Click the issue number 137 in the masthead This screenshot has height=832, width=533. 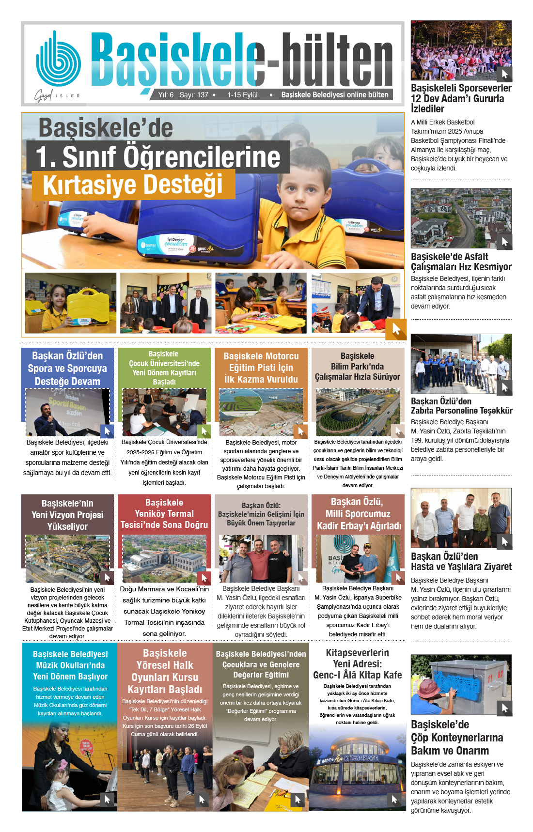pos(203,95)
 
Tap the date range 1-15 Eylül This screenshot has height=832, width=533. pos(242,95)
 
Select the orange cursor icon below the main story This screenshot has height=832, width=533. pos(396,329)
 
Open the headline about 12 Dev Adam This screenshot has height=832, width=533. pos(461,98)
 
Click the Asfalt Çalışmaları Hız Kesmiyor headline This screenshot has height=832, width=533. pos(461,262)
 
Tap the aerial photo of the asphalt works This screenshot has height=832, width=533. pos(461,218)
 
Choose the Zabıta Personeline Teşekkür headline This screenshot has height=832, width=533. pos(461,406)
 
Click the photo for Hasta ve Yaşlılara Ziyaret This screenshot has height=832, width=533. pos(461,518)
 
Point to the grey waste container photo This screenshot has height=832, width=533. pos(461,684)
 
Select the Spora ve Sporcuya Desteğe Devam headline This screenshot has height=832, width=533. pos(67,369)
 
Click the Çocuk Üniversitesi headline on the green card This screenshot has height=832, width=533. pos(164,368)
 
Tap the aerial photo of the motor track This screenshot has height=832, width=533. pos(261,412)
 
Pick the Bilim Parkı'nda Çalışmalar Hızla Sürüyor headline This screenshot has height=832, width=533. pos(358,367)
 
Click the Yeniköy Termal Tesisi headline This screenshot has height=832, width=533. pos(164,514)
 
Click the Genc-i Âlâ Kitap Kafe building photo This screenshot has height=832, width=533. pos(358,768)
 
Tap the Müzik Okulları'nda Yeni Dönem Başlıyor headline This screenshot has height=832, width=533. pos(70,665)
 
